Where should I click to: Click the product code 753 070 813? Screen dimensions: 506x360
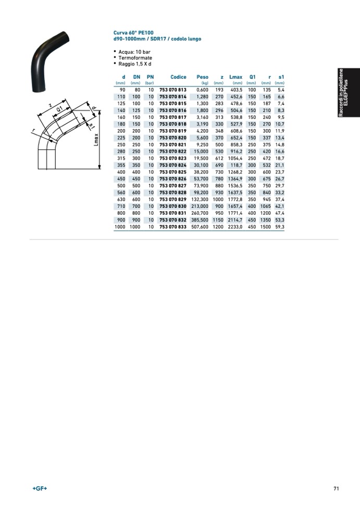(172, 90)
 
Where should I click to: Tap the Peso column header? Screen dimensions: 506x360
(202, 77)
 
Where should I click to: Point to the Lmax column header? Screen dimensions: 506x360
(236, 77)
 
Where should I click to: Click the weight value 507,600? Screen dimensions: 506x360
(200, 227)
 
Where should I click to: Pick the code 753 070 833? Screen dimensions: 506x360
(172, 227)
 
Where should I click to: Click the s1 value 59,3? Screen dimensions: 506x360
(279, 227)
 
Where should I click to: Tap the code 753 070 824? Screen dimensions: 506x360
(172, 165)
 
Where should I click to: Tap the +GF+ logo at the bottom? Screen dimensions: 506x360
(40, 488)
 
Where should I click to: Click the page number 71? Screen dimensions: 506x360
(336, 488)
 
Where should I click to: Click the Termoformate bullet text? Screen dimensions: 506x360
(135, 58)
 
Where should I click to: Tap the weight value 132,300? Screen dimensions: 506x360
(200, 199)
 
